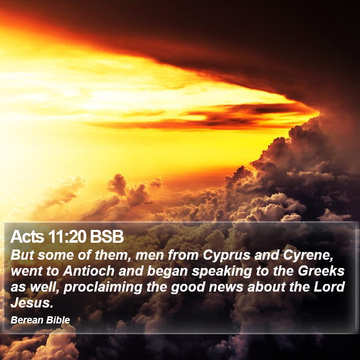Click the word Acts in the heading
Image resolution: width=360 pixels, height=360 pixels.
click(x=27, y=237)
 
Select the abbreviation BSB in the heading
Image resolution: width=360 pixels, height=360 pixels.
click(x=107, y=237)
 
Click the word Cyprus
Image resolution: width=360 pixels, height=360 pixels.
click(x=226, y=256)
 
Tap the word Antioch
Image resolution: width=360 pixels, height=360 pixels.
click(x=88, y=271)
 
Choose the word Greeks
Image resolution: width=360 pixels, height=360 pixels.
click(x=321, y=271)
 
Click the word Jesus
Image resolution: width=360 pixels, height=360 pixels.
click(x=32, y=302)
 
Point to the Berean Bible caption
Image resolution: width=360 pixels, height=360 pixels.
click(x=40, y=320)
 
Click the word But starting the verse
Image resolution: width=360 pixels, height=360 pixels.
click(x=22, y=255)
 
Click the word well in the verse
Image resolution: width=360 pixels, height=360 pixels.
click(x=44, y=287)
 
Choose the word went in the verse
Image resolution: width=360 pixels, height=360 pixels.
click(x=26, y=272)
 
